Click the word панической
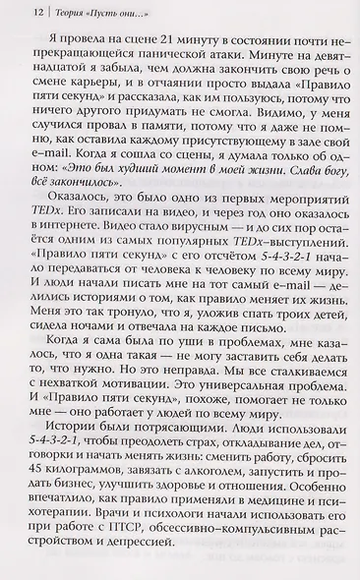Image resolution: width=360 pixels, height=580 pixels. coord(205,61)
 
